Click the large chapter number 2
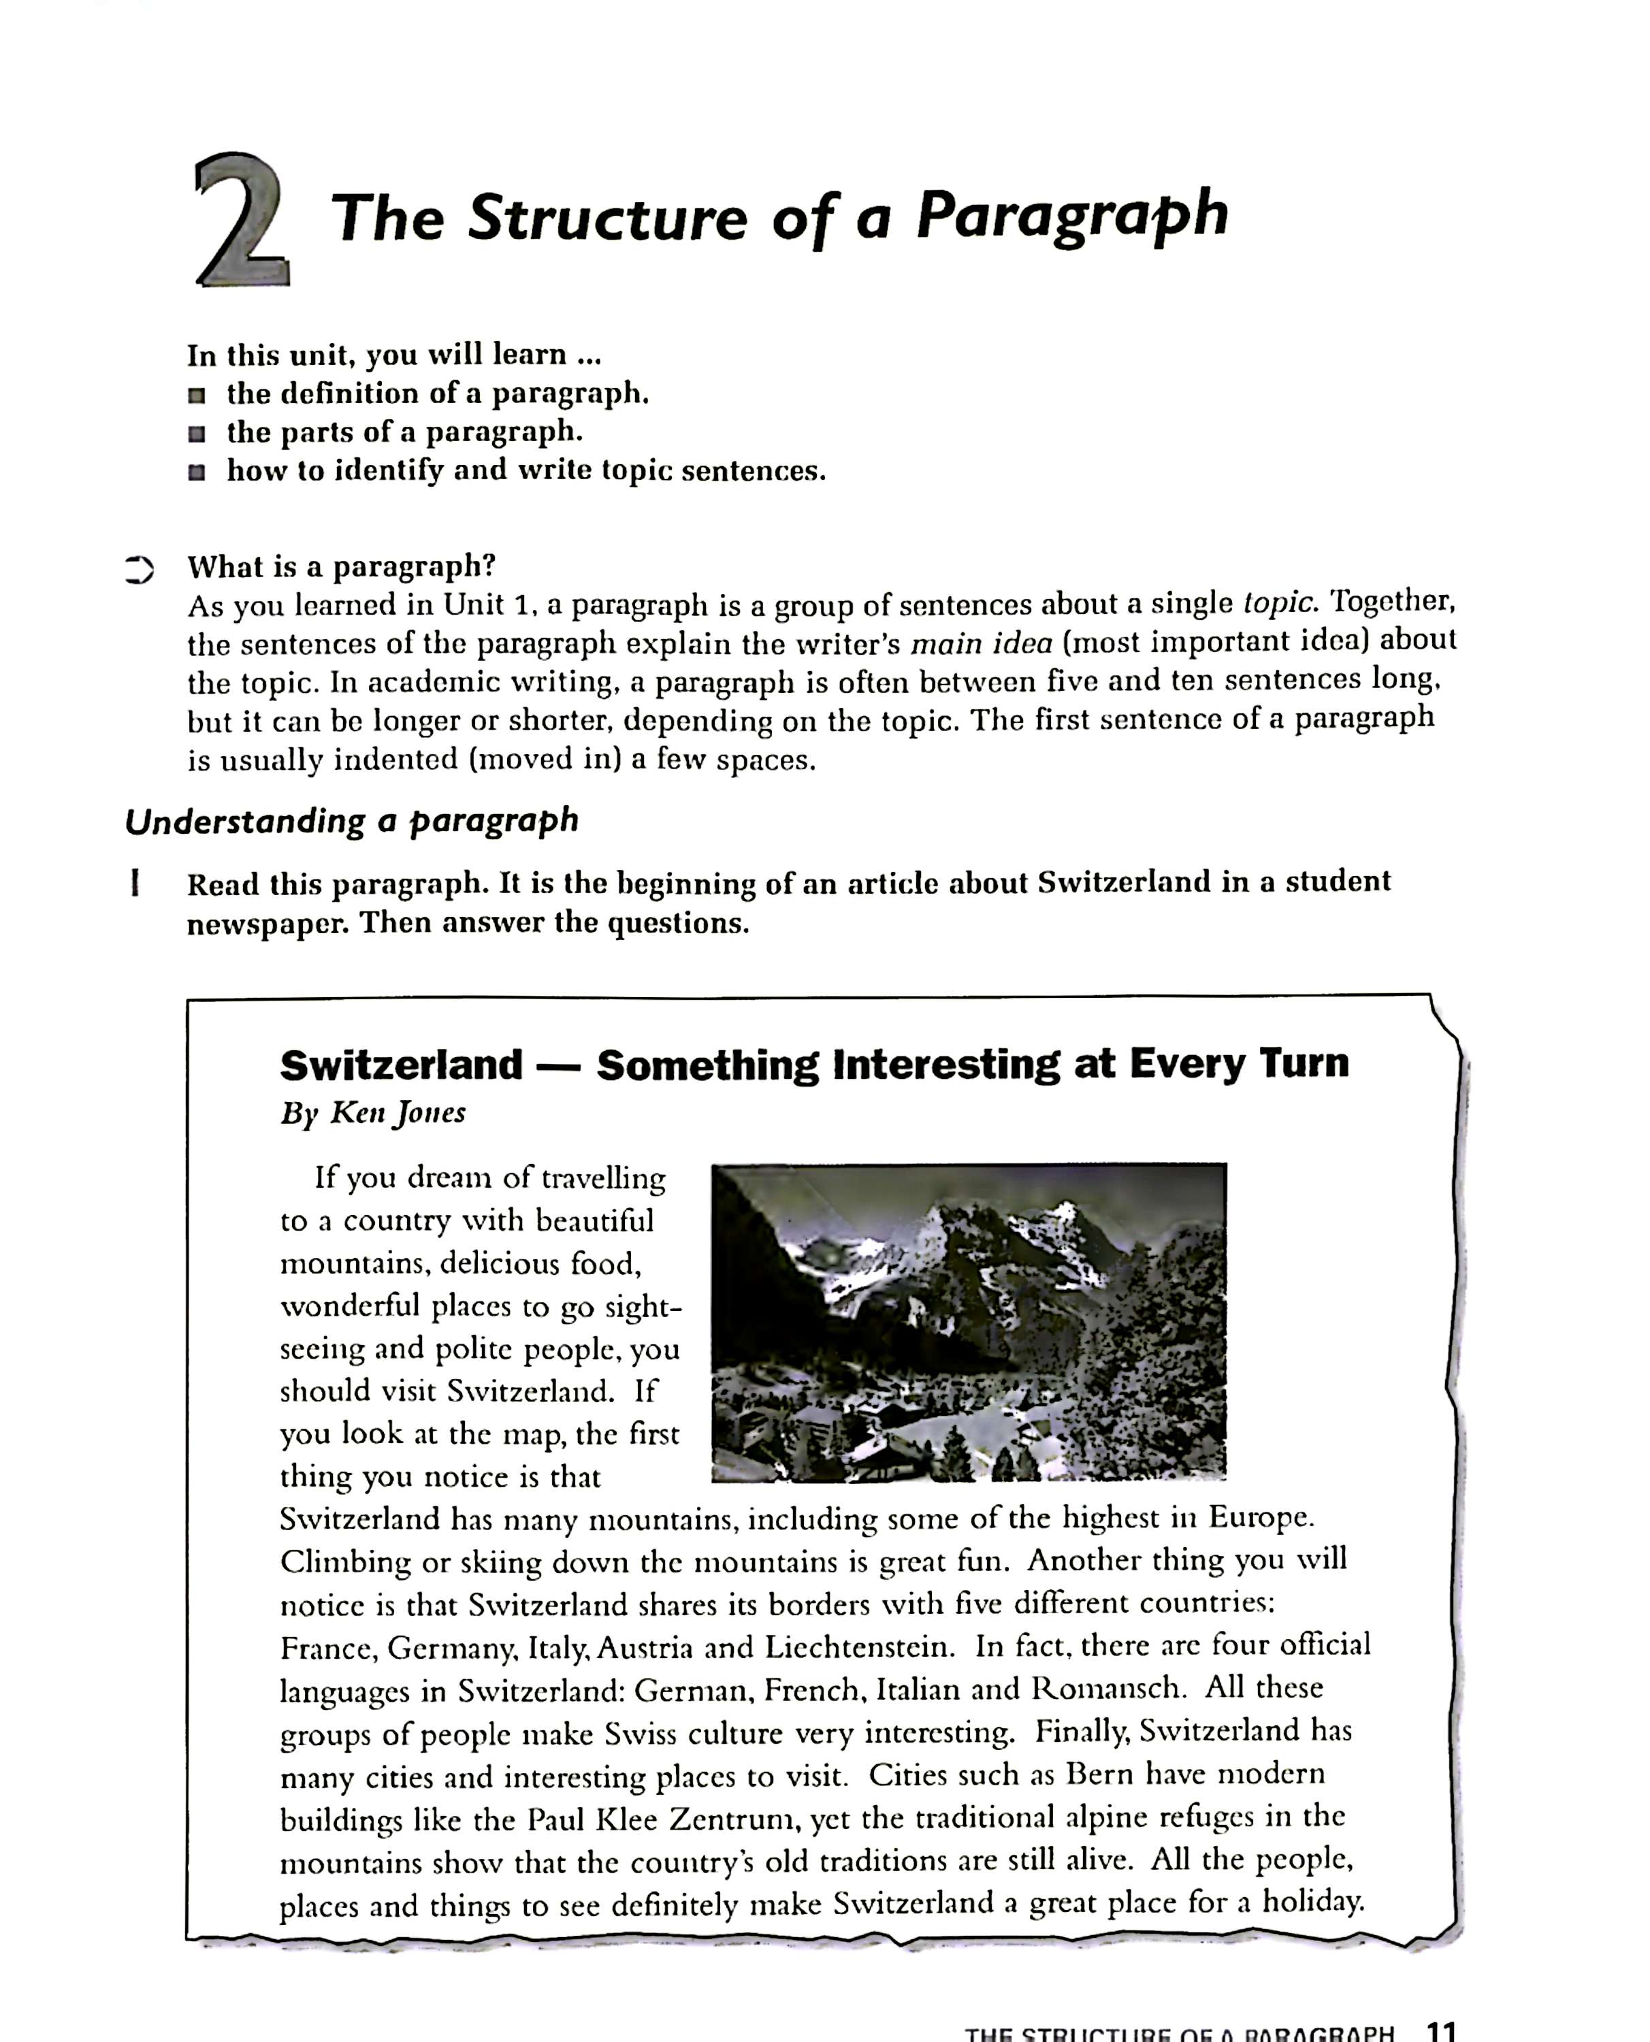[242, 221]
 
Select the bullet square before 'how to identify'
[197, 472]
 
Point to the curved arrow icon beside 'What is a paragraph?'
[139, 568]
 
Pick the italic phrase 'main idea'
[981, 643]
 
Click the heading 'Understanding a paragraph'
[352, 821]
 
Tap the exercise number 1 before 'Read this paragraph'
[137, 884]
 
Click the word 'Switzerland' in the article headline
[401, 1065]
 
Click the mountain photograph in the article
[969, 1322]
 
